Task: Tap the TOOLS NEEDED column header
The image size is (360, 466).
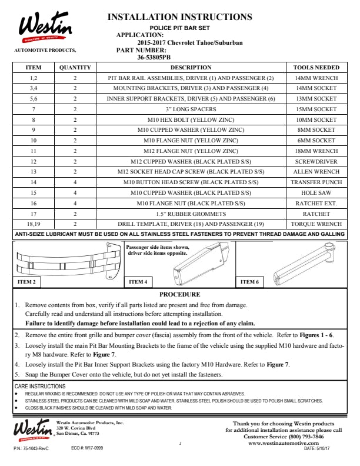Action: [x=316, y=68]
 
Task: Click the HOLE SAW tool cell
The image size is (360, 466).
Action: [x=316, y=192]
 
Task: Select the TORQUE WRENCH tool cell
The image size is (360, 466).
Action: [x=316, y=224]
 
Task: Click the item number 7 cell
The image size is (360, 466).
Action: [x=34, y=109]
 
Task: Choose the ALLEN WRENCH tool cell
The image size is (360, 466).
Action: [x=316, y=172]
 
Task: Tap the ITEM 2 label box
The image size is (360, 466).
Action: [x=27, y=282]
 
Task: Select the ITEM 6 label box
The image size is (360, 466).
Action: [x=249, y=282]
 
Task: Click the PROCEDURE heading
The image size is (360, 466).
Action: [x=180, y=294]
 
